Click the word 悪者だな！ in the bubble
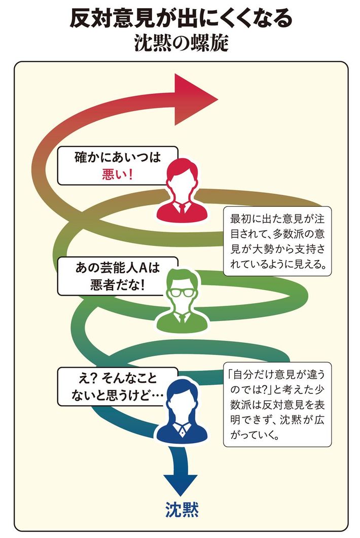[x=117, y=285]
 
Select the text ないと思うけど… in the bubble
[x=110, y=397]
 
